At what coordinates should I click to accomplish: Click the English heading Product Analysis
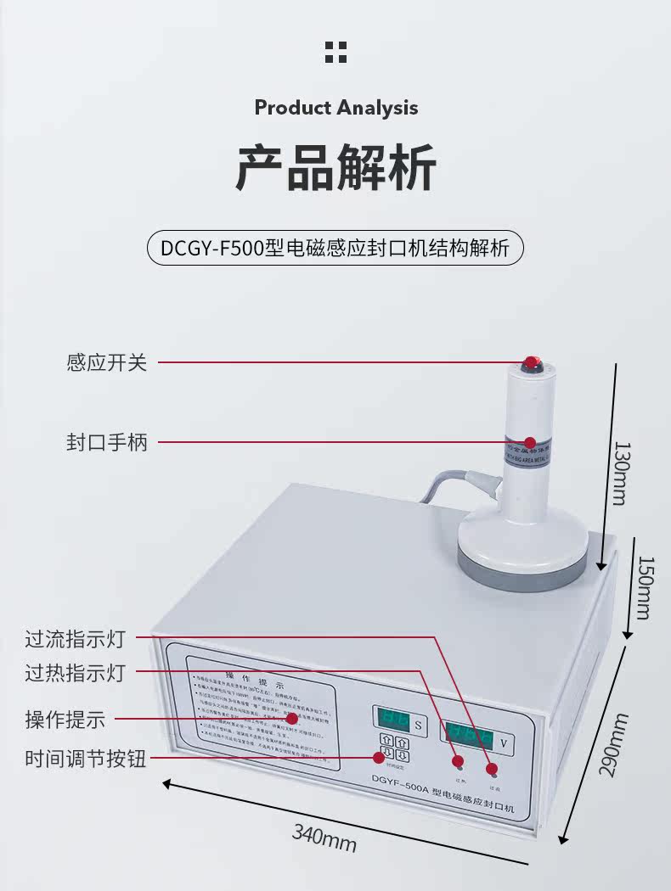pos(336,108)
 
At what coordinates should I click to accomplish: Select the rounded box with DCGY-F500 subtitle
pos(335,248)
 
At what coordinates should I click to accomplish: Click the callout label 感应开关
pos(107,362)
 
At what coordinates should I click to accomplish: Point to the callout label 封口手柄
pos(107,442)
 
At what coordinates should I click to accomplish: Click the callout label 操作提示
pos(65,720)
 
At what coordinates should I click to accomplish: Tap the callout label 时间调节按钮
pos(86,759)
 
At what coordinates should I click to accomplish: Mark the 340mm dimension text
pos(324,838)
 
